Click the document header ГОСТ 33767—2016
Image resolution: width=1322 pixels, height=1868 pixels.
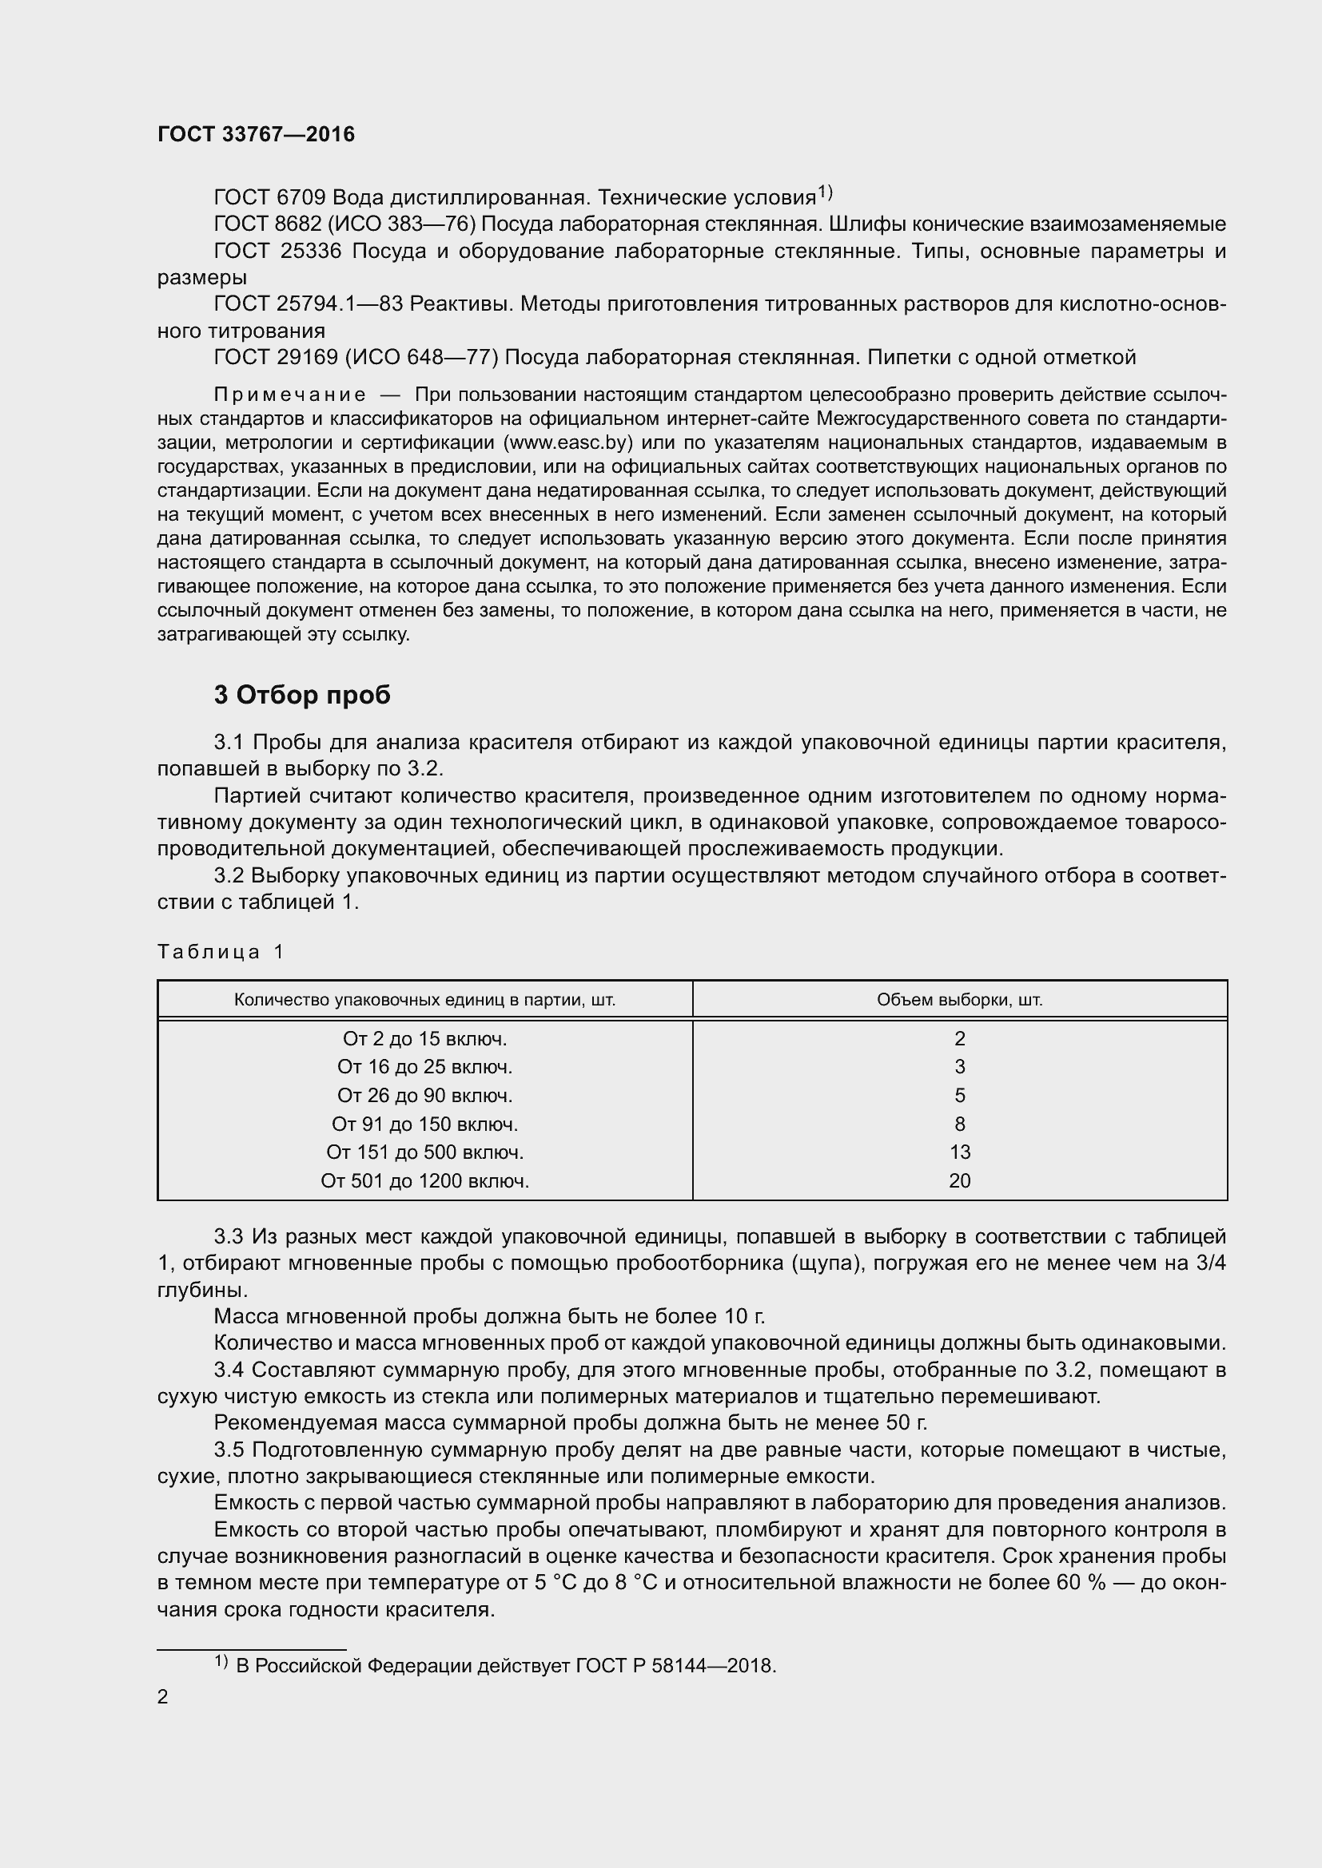point(256,134)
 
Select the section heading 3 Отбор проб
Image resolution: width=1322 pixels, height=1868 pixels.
point(302,694)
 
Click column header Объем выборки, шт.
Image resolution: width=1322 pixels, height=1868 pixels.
point(959,999)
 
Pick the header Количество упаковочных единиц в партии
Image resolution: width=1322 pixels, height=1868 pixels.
point(424,999)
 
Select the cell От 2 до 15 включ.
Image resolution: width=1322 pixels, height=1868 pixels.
point(424,1038)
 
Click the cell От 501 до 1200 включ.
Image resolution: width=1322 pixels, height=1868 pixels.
point(424,1180)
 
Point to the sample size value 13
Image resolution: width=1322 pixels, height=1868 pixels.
point(959,1152)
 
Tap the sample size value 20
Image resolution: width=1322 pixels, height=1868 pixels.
point(959,1180)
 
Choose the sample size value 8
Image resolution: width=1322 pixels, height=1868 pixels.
point(959,1124)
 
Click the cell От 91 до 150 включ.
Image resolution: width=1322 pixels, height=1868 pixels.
point(424,1124)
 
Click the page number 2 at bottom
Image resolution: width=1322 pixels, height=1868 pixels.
point(163,1696)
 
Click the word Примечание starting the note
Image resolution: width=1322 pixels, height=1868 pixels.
point(289,395)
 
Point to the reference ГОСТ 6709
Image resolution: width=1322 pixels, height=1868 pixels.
point(269,198)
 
